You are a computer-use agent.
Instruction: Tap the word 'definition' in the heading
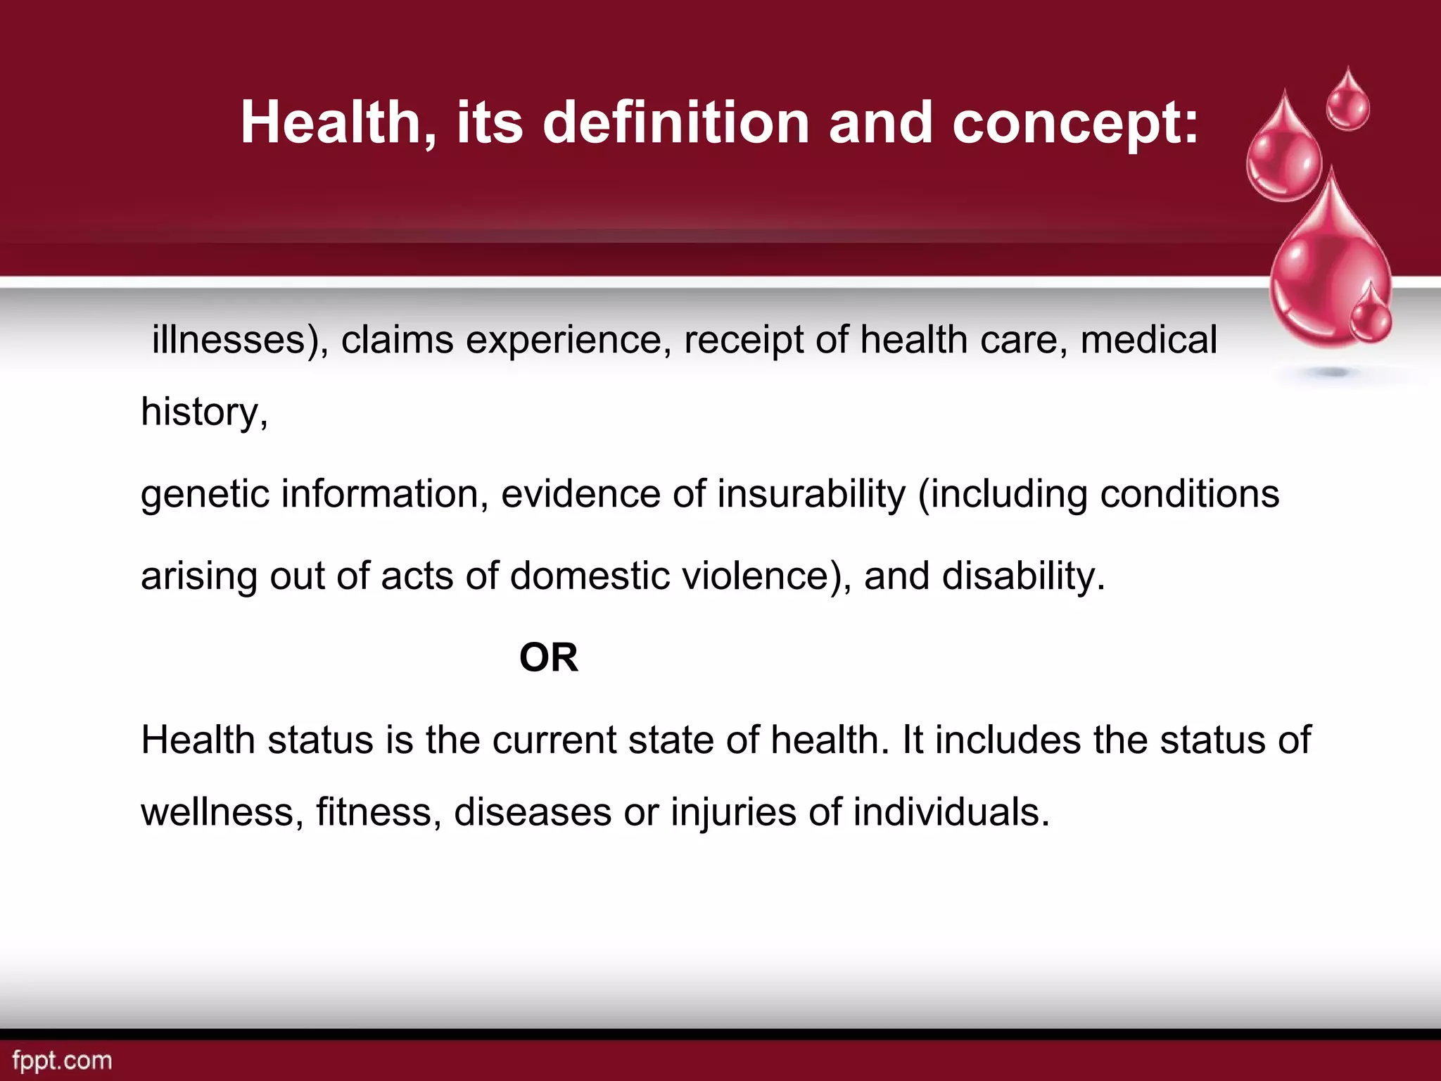(676, 123)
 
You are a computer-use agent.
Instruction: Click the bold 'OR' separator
(549, 658)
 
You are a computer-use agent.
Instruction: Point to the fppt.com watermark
(62, 1061)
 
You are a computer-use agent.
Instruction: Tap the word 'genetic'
(205, 494)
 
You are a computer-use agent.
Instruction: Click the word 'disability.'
(1024, 576)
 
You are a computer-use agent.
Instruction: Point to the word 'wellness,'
(222, 811)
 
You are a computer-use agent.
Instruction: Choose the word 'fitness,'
(379, 811)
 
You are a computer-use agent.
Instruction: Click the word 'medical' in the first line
(1148, 340)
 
